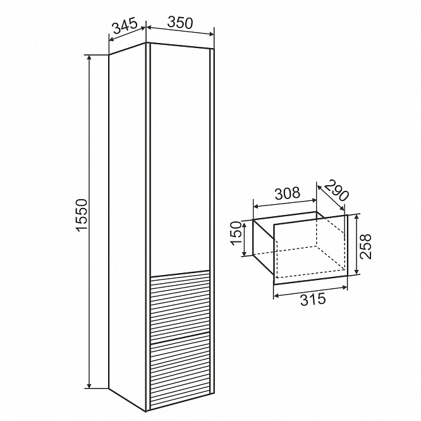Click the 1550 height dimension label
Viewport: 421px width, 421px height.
click(x=82, y=215)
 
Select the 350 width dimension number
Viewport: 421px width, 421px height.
click(x=180, y=23)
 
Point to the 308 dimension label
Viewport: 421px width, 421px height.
click(x=288, y=193)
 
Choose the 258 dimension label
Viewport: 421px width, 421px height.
click(x=365, y=247)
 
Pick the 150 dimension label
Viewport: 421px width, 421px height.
click(x=236, y=233)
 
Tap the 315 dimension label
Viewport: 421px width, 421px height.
click(x=313, y=300)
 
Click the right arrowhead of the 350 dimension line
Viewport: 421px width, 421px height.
click(x=210, y=34)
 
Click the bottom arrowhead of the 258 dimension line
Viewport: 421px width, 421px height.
click(x=357, y=271)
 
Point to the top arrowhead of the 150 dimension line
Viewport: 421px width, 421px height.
click(x=244, y=224)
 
